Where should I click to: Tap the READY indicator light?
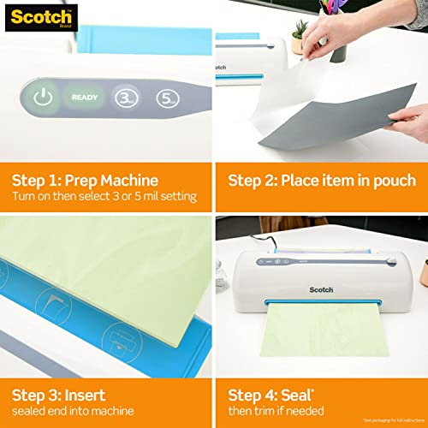pos(84,97)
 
